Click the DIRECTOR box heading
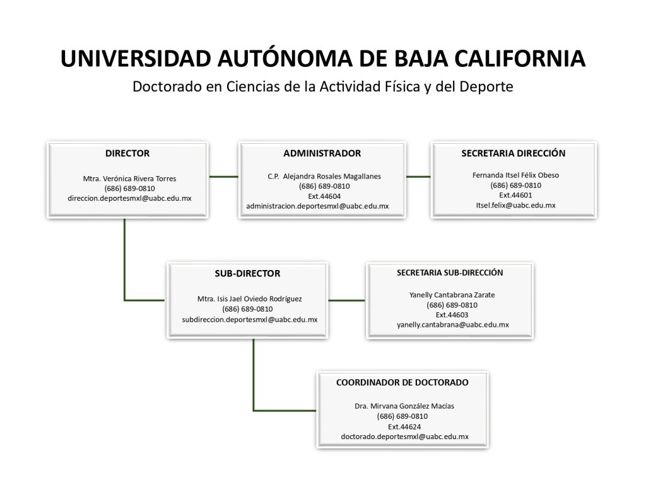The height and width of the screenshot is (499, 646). click(x=127, y=153)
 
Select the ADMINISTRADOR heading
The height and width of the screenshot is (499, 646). click(x=322, y=153)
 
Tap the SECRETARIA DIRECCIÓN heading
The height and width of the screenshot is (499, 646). click(x=514, y=153)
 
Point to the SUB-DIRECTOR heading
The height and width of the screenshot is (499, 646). click(x=247, y=274)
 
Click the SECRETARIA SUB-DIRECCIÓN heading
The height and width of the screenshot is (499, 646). click(x=450, y=273)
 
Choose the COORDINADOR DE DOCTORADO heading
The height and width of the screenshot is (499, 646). click(x=402, y=382)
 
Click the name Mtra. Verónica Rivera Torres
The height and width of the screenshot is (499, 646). click(x=129, y=179)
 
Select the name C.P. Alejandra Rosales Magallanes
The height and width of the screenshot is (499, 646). click(x=324, y=177)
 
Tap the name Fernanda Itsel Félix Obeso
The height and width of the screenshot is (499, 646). click(x=515, y=175)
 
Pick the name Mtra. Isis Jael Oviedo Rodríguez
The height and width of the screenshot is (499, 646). click(x=249, y=299)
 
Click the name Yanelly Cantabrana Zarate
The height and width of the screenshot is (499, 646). click(x=452, y=295)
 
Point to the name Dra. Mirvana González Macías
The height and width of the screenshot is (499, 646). click(x=404, y=406)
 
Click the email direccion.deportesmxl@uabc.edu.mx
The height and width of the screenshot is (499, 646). click(x=129, y=198)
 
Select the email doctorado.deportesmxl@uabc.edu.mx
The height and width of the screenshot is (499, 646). click(x=404, y=437)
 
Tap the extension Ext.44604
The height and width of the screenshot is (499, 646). click(x=324, y=197)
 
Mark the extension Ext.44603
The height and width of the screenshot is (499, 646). click(x=452, y=315)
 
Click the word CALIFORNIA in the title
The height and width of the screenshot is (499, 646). click(x=520, y=59)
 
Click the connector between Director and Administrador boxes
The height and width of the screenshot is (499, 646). click(x=224, y=177)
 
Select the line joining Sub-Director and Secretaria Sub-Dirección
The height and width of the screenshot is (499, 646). click(x=346, y=300)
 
